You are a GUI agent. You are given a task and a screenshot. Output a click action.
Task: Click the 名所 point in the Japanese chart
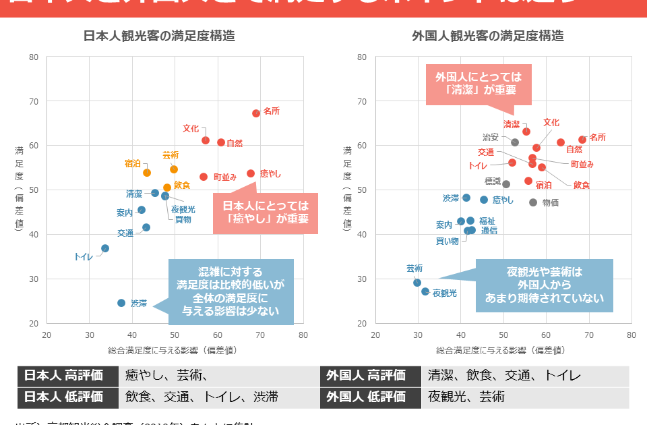click(256, 113)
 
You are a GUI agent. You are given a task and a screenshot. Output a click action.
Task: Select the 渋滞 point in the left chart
click(121, 303)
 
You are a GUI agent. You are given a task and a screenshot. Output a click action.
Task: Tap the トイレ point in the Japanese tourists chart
click(105, 248)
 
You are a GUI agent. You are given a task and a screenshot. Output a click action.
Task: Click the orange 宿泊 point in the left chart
click(147, 173)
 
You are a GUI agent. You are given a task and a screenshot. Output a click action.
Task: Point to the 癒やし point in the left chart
click(251, 173)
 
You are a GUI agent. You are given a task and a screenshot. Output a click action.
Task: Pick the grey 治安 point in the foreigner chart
click(515, 142)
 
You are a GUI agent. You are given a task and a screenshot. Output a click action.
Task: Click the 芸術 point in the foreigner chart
click(417, 283)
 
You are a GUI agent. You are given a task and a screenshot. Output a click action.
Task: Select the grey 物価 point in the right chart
click(533, 202)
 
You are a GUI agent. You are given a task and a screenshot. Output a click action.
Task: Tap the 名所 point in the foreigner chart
click(582, 140)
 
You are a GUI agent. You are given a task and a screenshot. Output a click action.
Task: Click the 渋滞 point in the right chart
click(466, 198)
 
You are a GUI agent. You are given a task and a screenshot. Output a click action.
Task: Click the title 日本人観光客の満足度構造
click(159, 36)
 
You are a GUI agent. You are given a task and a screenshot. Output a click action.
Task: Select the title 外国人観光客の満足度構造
click(487, 36)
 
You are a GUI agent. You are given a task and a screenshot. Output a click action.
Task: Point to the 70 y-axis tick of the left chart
click(33, 101)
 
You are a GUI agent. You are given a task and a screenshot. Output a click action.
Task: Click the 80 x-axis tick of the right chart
click(631, 335)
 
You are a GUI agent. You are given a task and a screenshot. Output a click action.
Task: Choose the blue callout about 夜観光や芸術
click(544, 285)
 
